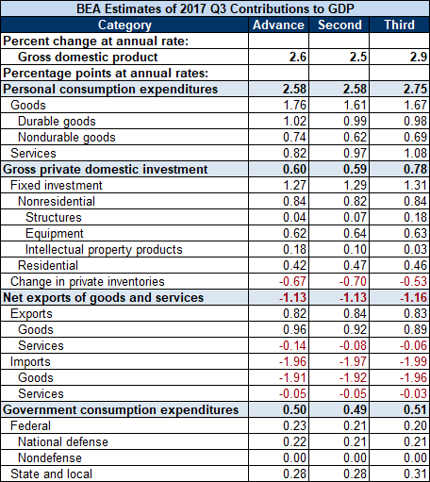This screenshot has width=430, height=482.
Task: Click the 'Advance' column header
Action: [x=278, y=25]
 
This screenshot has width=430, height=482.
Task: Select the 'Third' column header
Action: [x=400, y=25]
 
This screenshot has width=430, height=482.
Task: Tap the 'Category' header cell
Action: [x=124, y=25]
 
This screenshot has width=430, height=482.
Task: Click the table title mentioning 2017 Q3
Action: [x=215, y=8]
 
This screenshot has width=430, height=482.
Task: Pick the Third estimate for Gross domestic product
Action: [x=419, y=57]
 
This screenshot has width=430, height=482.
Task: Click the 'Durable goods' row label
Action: [x=57, y=122]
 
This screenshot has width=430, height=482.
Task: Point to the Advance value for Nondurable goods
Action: [x=294, y=137]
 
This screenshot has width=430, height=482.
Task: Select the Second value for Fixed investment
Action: [x=355, y=185]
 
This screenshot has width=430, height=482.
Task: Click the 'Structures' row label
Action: [x=54, y=217]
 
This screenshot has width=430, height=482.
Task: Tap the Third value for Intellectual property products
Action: [x=415, y=249]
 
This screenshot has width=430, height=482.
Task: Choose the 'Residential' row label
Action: [x=48, y=265]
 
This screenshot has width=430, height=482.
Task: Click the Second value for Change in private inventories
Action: [x=353, y=281]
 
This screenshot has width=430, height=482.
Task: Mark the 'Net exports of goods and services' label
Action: [x=104, y=297]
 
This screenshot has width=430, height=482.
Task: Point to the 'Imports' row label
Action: [x=30, y=362]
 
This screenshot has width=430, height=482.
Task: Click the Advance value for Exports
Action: [x=294, y=313]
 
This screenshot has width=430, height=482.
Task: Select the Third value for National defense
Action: [x=415, y=441]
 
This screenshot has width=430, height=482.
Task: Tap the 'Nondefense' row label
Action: [x=50, y=457]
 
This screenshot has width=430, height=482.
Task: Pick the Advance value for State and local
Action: [x=294, y=474]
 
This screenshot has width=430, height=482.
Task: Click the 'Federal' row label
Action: [x=30, y=425]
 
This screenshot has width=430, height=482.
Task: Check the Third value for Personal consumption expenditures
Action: [x=415, y=89]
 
